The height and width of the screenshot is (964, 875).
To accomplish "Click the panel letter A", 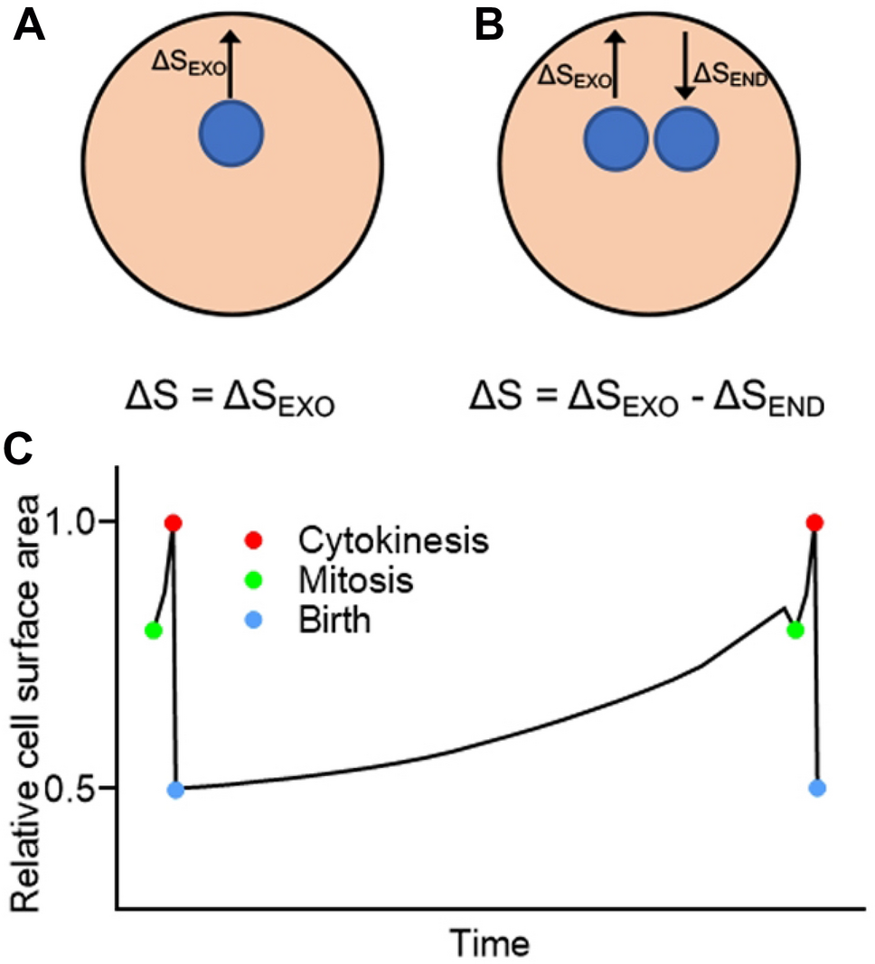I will click(x=31, y=26).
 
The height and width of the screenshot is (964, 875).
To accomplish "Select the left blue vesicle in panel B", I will click(x=616, y=141).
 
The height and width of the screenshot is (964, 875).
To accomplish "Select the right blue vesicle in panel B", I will click(x=687, y=141).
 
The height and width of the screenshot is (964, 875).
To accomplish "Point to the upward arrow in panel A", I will click(x=231, y=63).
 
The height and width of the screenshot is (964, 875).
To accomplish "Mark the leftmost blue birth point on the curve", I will click(x=176, y=790).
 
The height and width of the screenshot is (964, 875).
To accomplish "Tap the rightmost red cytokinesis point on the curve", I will click(x=814, y=522).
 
